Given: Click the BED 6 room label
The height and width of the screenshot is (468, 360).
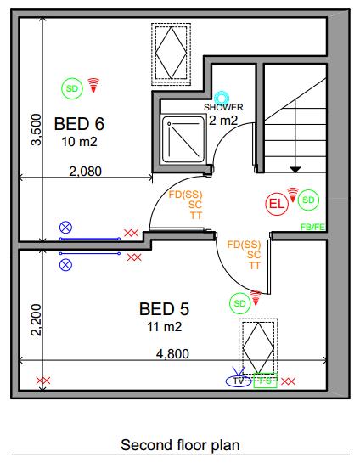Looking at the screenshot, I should tap(84, 124).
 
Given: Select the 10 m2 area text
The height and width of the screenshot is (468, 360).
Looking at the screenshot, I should tap(81, 142).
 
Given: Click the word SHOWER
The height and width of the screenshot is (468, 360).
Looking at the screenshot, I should tap(223, 108).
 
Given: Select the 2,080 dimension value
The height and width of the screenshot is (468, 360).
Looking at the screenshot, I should tap(84, 171).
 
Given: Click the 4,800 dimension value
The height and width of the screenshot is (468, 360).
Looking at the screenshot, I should tap(172, 354).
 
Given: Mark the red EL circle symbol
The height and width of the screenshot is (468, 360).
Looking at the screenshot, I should tap(277, 204).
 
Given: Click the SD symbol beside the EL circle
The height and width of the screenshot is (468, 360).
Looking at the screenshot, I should tap(309, 200).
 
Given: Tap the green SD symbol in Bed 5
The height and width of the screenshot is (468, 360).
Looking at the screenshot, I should tap(239, 302).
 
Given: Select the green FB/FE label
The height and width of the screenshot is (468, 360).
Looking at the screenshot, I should tap(312, 227).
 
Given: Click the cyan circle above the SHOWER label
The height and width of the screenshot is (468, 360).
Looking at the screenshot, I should tap(223, 98).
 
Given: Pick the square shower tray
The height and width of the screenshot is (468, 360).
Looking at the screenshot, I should tap(183, 141).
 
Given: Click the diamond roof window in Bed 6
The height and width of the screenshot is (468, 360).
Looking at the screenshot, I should tap(172, 52).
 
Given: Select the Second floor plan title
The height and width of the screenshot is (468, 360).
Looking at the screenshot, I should tap(180, 444).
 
